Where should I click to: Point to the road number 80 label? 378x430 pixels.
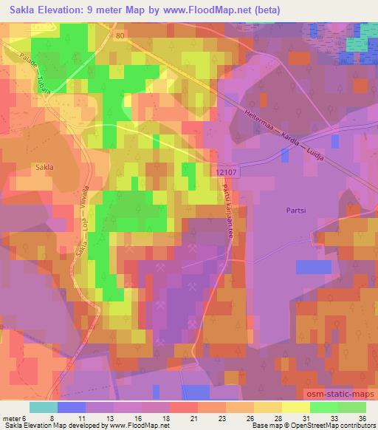tap(121, 35)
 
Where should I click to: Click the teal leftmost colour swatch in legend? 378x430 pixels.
tap(43, 407)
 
